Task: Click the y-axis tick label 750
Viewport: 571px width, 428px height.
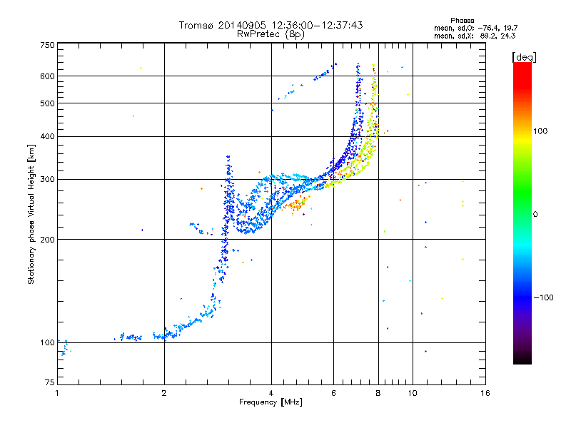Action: pyautogui.click(x=47, y=45)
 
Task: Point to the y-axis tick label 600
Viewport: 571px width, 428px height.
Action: pyautogui.click(x=47, y=76)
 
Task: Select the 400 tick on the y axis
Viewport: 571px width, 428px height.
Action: pyautogui.click(x=47, y=136)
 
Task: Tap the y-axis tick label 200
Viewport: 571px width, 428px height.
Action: pyautogui.click(x=47, y=239)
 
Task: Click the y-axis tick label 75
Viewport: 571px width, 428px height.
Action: pyautogui.click(x=49, y=383)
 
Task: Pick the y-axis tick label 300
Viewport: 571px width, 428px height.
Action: pyautogui.click(x=47, y=179)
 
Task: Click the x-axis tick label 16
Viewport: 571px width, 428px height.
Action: pyautogui.click(x=485, y=393)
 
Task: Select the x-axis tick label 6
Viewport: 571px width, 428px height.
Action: pyautogui.click(x=333, y=393)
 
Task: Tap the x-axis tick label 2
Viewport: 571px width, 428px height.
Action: pyautogui.click(x=164, y=393)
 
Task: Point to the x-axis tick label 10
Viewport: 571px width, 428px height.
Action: pyautogui.click(x=413, y=393)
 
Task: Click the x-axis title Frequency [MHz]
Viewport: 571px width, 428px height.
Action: pyautogui.click(x=271, y=402)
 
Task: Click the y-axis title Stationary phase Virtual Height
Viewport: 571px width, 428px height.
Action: pyautogui.click(x=31, y=214)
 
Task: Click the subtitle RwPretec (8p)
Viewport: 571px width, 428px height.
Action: pyautogui.click(x=271, y=34)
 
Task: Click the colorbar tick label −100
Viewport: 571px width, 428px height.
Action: pyautogui.click(x=544, y=297)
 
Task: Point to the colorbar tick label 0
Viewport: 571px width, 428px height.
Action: pyautogui.click(x=536, y=214)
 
